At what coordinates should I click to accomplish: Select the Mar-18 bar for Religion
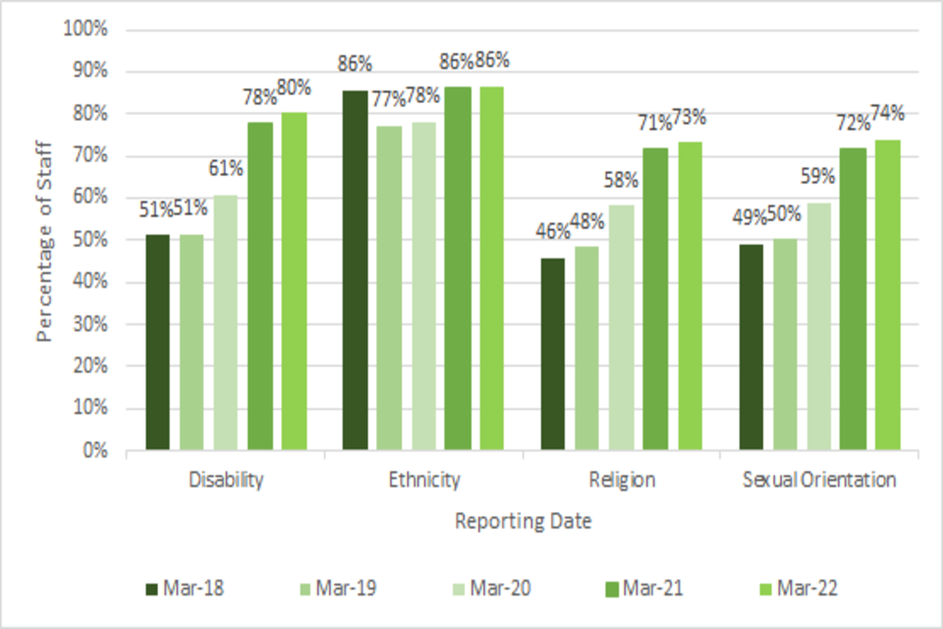point(553,354)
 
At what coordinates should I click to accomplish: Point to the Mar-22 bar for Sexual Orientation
point(887,295)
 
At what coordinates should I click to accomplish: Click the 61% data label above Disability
point(225,169)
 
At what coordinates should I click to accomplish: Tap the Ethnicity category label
point(423,480)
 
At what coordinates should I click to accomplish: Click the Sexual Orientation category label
point(819,480)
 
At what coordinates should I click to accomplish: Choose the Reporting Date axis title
point(523,522)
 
